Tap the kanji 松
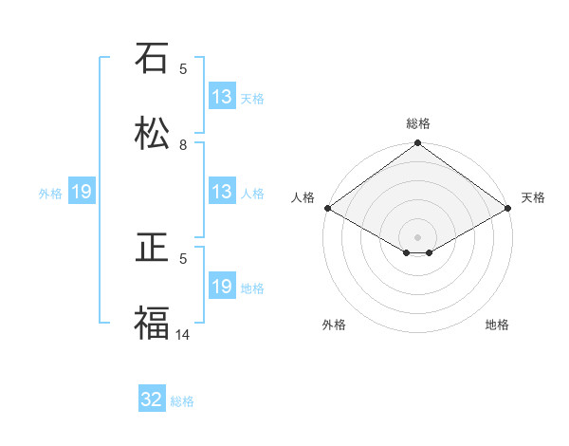152,134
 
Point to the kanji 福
152,324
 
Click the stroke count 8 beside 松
183,145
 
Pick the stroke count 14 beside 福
183,334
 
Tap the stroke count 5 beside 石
183,68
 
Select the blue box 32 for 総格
152,400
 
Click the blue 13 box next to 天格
221,97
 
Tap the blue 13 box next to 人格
221,192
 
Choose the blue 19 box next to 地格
221,287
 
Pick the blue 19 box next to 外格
82,192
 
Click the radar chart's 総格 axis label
418,123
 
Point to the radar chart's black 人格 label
303,197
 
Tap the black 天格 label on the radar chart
533,197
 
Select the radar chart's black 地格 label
497,325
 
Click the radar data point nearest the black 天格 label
508,208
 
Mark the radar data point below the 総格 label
418,143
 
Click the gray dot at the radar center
418,236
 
